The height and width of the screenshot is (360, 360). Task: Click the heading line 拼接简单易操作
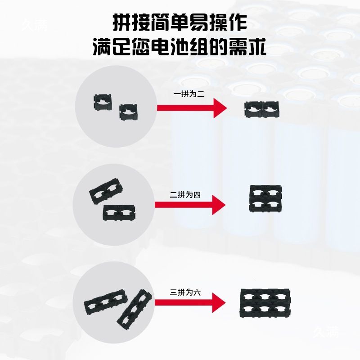click(x=180, y=22)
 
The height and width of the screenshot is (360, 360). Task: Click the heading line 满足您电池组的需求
click(x=180, y=47)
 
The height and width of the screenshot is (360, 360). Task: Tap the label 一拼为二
click(x=189, y=94)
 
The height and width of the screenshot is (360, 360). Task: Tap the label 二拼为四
click(x=185, y=195)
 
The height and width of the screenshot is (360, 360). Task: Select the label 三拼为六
click(x=185, y=292)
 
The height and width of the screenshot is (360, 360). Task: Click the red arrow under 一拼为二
click(x=192, y=108)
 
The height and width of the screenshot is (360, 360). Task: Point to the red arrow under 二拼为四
click(x=190, y=205)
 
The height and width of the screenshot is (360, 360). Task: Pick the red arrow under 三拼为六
click(x=190, y=302)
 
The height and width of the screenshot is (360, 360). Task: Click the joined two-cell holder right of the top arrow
click(x=262, y=109)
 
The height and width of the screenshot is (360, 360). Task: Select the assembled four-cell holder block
click(x=265, y=198)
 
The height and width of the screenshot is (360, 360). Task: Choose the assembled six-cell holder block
click(x=265, y=302)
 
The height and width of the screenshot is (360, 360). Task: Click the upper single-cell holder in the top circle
click(x=103, y=102)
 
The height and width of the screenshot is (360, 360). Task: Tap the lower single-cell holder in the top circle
click(x=128, y=112)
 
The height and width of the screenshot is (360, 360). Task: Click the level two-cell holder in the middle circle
click(x=119, y=212)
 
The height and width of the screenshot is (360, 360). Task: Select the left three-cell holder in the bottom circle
click(x=106, y=302)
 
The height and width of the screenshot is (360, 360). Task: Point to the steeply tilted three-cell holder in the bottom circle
click(x=134, y=310)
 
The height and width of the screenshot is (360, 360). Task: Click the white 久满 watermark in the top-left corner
click(x=35, y=25)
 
